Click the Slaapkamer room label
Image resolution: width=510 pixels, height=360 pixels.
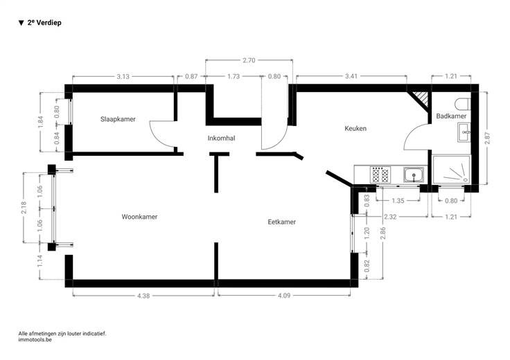[x=118, y=119]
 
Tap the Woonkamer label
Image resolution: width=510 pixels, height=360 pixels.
[x=139, y=217]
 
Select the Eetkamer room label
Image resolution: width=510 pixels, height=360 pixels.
[x=281, y=222]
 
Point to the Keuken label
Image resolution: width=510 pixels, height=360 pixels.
[x=355, y=128]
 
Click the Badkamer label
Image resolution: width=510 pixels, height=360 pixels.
[x=451, y=116]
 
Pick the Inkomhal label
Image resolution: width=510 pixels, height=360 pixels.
[x=221, y=138]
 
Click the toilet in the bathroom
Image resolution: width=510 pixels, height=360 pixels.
[x=463, y=104]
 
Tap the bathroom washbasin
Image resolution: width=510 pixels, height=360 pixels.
[x=464, y=132]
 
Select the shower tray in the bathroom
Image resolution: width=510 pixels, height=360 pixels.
[x=452, y=170]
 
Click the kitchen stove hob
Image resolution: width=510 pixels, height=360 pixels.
[x=380, y=174]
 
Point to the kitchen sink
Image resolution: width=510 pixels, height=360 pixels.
[x=414, y=174]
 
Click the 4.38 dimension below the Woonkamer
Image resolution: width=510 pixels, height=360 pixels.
[x=143, y=296]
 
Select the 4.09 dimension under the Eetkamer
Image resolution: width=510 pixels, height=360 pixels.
[x=284, y=296]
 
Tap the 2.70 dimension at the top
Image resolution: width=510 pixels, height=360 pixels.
[x=249, y=60]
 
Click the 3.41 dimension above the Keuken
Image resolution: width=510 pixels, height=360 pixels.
[x=351, y=76]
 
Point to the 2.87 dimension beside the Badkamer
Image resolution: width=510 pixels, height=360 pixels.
[x=487, y=138]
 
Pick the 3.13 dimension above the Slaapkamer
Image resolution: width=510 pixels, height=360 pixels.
[x=123, y=77]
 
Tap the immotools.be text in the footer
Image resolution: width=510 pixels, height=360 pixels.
[x=35, y=339]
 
